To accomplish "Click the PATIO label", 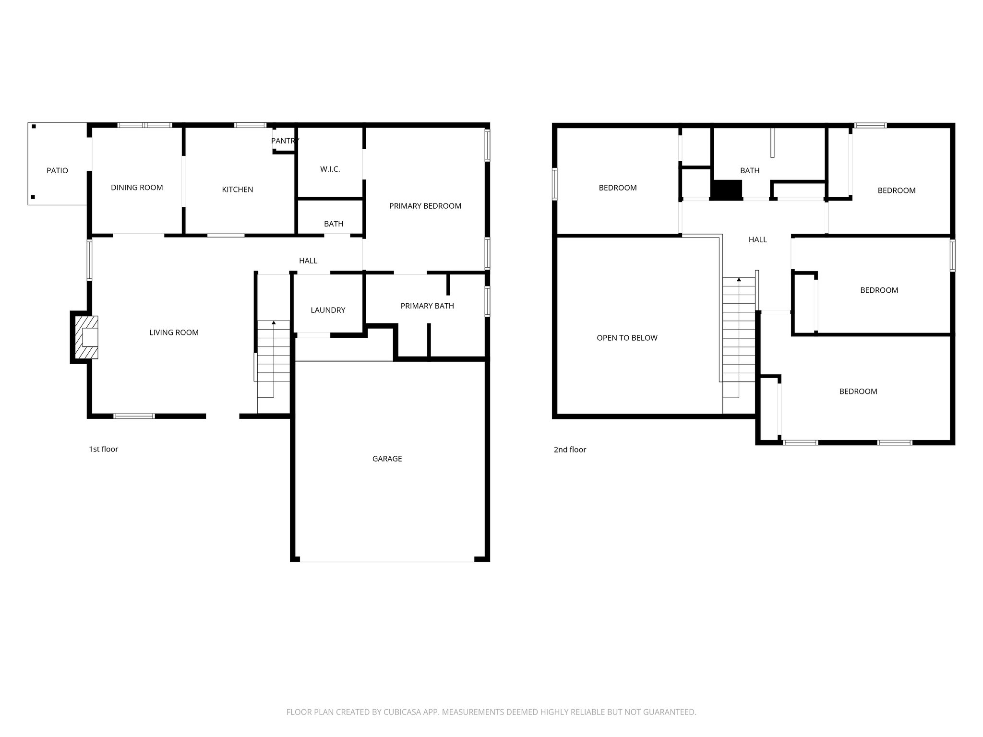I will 57,170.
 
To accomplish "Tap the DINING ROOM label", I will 137,188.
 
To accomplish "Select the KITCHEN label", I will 237,190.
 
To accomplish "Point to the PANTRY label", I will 285,141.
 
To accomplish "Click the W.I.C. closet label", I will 330,169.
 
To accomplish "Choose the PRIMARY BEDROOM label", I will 425,206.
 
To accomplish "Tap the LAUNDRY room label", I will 328,310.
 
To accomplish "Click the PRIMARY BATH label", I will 427,306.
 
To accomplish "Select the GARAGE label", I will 387,459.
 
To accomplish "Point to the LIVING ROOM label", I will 174,333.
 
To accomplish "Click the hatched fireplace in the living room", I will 85,337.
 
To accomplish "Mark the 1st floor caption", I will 103,449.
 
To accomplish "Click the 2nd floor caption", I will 570,450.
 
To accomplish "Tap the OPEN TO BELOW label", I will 627,338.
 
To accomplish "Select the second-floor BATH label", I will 749,170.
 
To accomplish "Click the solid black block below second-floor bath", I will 726,190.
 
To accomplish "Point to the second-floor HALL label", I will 757,239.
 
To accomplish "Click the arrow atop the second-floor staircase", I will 739,279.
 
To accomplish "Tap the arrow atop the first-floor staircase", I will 274,323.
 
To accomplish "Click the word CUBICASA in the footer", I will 402,712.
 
